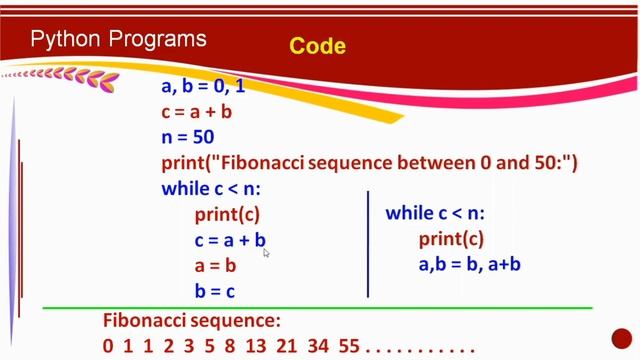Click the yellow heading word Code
click(x=317, y=46)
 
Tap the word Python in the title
click(x=67, y=40)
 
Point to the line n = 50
click(x=188, y=137)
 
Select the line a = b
click(x=215, y=266)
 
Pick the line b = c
click(x=215, y=291)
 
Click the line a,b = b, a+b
click(x=470, y=265)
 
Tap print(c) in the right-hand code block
click(x=451, y=239)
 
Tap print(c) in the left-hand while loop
click(x=227, y=214)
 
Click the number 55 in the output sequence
click(x=349, y=348)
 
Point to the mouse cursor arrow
click(x=266, y=254)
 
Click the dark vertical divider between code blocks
click(x=368, y=244)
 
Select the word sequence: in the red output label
click(x=237, y=321)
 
